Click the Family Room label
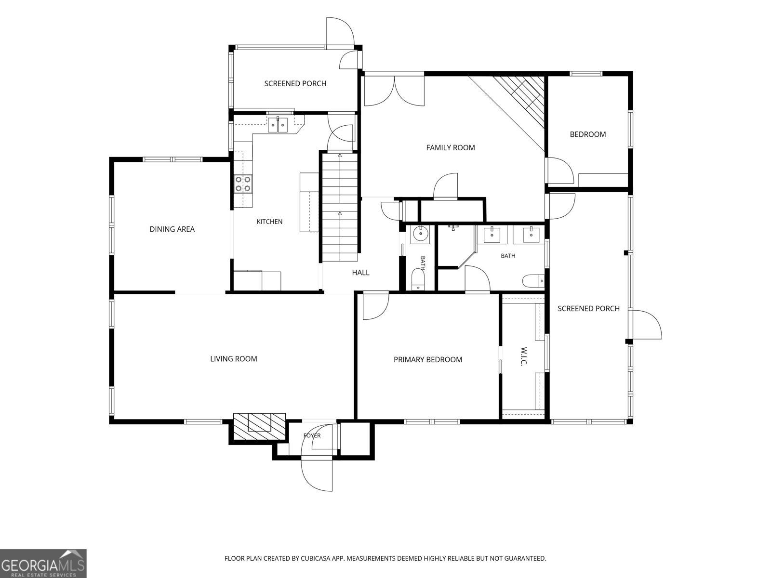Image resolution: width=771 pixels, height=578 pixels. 450,148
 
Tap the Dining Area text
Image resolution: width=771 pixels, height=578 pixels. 172,229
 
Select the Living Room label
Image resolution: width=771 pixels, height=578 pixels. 234,359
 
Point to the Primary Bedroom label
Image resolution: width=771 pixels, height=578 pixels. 428,359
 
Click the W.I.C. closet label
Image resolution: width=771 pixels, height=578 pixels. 523,356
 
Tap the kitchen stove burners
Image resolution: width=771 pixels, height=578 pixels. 243,184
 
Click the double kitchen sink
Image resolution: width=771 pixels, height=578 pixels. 278,125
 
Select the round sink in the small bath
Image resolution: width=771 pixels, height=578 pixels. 420,235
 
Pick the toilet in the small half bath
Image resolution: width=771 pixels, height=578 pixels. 418,280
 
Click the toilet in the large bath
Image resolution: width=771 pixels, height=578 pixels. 533,281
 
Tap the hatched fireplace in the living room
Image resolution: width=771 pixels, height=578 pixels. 259,426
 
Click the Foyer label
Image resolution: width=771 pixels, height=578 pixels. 312,435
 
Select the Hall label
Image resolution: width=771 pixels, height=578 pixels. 360,272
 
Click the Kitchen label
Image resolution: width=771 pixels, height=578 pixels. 269,222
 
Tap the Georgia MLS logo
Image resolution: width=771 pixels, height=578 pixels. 43,563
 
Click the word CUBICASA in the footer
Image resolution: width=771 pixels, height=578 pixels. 315,558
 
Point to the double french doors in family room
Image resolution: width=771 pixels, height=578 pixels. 394,91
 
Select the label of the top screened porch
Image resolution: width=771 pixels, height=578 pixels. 295,83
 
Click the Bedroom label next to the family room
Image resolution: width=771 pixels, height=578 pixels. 587,134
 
